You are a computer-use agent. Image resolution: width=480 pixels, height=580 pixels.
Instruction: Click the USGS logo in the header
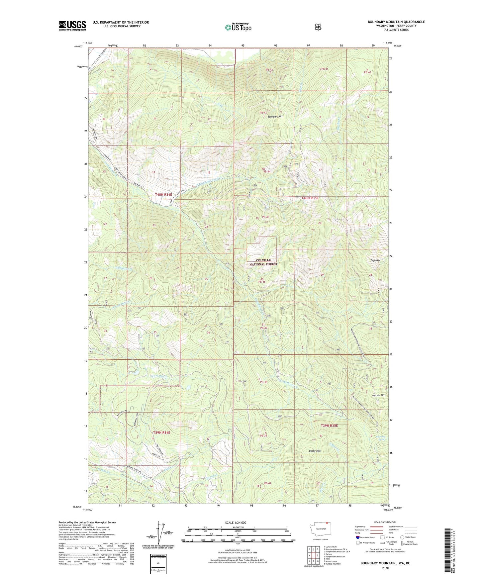(x=72, y=25)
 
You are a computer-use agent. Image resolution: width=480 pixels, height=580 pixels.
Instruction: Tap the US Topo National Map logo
(x=238, y=27)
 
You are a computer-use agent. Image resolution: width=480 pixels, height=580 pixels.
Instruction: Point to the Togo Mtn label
(x=375, y=260)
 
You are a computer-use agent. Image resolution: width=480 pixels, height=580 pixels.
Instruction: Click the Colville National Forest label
(x=263, y=262)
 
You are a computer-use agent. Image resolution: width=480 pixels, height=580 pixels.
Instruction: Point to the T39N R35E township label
(x=329, y=426)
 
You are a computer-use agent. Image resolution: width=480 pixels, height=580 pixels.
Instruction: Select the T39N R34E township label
(x=161, y=433)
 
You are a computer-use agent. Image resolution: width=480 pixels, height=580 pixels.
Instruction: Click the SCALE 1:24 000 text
(x=236, y=523)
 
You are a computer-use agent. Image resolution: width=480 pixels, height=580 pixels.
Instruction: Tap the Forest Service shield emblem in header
(x=318, y=27)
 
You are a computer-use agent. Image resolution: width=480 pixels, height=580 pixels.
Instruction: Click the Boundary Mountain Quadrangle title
(x=396, y=22)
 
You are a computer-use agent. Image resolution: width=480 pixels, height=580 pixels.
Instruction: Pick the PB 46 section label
(x=262, y=282)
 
